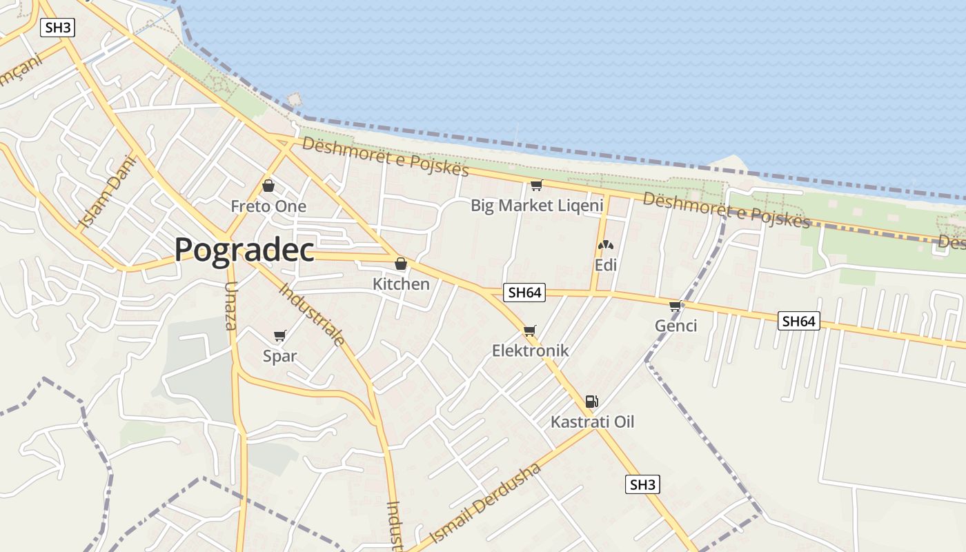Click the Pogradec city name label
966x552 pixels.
click(x=244, y=250)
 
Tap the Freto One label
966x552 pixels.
click(x=268, y=206)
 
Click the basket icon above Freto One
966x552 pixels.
click(x=268, y=186)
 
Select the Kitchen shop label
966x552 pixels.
click(x=401, y=284)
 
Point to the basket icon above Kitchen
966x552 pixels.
click(x=401, y=264)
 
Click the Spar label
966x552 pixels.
click(x=279, y=356)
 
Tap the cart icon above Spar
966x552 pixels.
click(x=279, y=336)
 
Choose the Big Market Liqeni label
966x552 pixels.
click(x=537, y=205)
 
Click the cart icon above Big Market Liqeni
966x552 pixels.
click(x=536, y=185)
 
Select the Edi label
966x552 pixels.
click(x=605, y=265)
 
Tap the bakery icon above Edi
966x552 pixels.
click(x=605, y=245)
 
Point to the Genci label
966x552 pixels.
click(x=676, y=326)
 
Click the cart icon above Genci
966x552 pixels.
click(x=676, y=306)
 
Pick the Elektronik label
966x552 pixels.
click(x=530, y=351)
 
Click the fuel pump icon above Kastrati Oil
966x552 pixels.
click(x=591, y=401)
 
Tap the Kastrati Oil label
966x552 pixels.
click(x=592, y=422)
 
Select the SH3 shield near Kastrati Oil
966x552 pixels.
click(x=642, y=484)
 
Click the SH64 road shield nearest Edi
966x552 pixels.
click(x=524, y=293)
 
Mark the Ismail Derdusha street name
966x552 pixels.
click(x=485, y=504)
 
